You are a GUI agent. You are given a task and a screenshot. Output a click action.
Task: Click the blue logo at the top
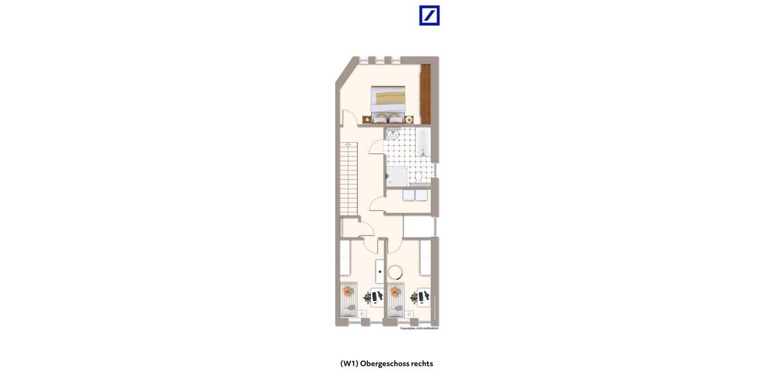click(x=429, y=15)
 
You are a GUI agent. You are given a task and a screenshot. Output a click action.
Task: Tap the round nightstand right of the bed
click(x=408, y=119)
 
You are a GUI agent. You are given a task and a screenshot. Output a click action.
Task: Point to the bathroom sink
click(x=393, y=134)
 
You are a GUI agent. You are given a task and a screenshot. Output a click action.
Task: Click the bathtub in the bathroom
click(x=423, y=142)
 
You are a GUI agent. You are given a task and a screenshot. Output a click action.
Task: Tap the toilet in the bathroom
click(x=418, y=176)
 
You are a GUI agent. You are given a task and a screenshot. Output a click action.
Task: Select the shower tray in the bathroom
click(x=396, y=176)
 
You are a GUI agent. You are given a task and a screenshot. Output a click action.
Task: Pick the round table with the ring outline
click(x=395, y=271)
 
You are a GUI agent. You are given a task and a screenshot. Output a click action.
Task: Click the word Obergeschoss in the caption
click(x=384, y=363)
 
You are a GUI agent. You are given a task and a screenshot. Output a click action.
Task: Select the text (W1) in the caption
click(x=349, y=363)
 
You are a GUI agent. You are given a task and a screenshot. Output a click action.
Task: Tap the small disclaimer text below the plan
click(x=419, y=328)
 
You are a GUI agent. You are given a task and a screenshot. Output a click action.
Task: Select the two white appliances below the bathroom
click(x=415, y=195)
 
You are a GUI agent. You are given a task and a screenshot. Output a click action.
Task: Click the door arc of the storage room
click(x=376, y=205)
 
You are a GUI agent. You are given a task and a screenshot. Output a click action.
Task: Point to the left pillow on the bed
click(x=381, y=116)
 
